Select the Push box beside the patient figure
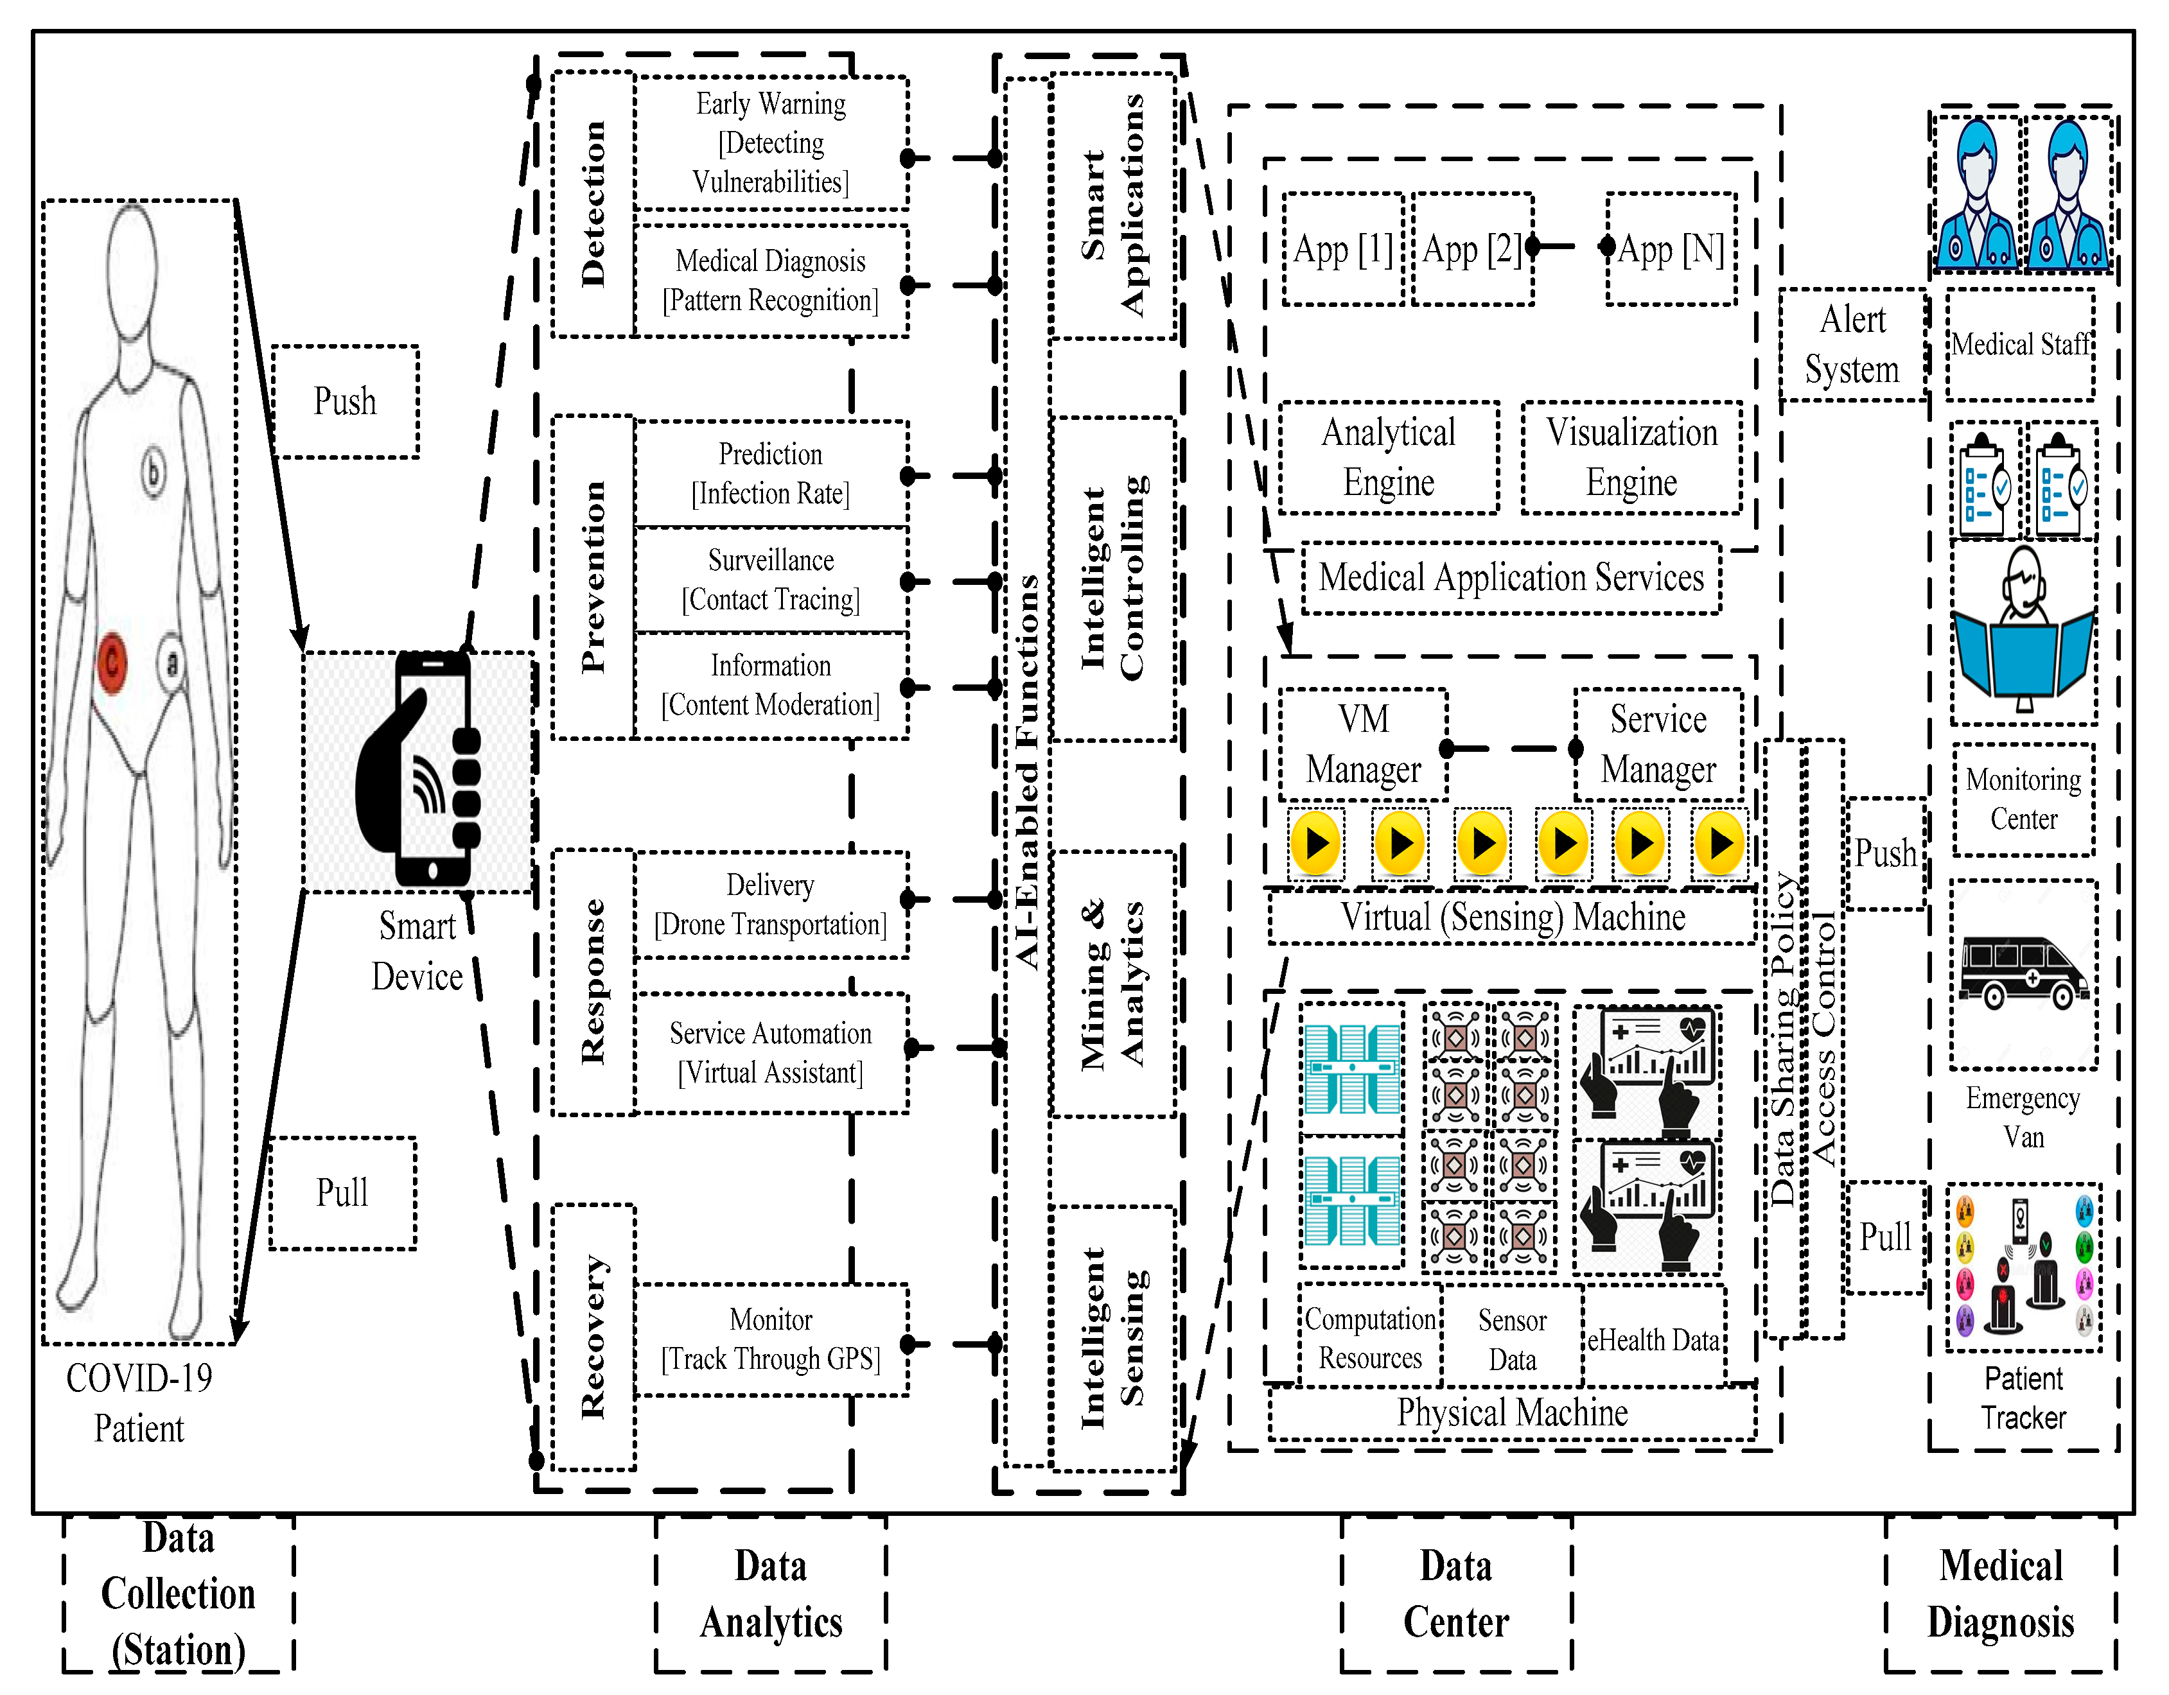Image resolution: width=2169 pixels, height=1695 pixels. coord(345,402)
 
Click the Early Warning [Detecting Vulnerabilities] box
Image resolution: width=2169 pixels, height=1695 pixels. coord(771,143)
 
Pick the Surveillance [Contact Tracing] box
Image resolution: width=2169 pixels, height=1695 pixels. coord(771,580)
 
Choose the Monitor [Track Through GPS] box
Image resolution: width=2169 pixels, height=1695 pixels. coord(771,1339)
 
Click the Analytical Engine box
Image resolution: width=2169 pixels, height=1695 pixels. coord(1389,458)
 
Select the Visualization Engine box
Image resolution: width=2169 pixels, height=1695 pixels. coord(1631,458)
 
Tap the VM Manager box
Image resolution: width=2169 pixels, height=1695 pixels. coord(1362,745)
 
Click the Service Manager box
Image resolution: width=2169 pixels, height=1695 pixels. coord(1658,745)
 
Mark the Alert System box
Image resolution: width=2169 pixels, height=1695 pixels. coord(1852,345)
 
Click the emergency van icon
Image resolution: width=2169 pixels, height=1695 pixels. coord(2023,973)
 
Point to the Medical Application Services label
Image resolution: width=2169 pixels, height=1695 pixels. coord(1511,578)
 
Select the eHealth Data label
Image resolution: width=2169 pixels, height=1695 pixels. coord(1653,1341)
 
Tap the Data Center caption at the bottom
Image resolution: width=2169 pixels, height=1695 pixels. coord(1456,1594)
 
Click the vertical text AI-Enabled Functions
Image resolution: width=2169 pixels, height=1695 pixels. coord(1027,772)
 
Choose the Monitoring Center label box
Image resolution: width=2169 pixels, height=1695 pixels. coord(2023,799)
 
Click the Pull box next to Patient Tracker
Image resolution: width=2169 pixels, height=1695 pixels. coord(1885,1237)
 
